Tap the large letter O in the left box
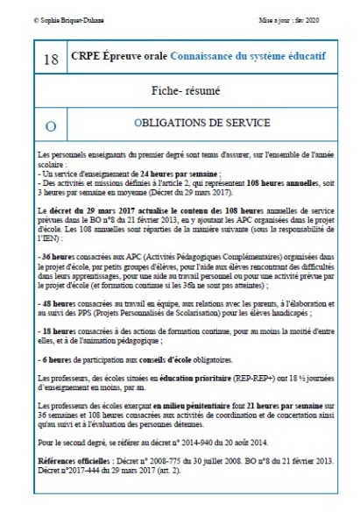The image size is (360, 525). point(50,124)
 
